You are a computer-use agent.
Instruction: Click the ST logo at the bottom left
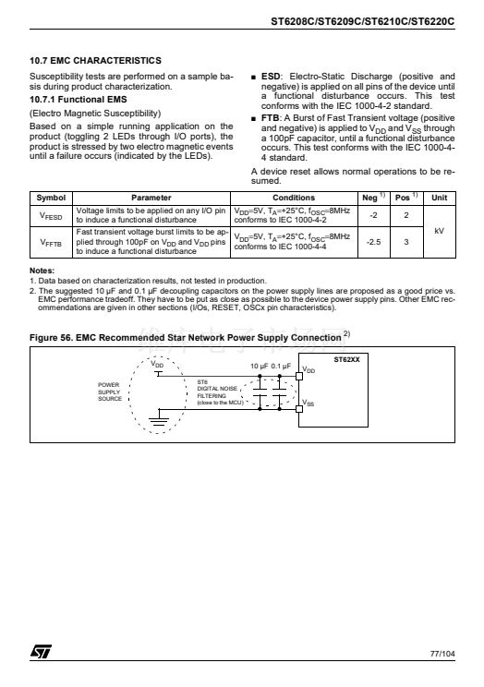(41, 651)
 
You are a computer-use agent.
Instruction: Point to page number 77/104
(442, 654)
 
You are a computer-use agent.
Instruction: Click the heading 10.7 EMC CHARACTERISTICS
(95, 60)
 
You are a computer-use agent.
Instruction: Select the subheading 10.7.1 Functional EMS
(78, 100)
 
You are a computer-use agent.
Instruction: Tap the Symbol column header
(51, 198)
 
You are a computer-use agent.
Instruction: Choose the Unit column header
(440, 198)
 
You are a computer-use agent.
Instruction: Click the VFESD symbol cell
(51, 216)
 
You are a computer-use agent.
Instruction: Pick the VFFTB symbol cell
(51, 242)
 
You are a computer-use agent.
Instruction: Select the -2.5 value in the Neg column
(373, 242)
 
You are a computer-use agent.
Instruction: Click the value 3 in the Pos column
(406, 242)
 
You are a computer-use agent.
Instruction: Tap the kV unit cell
(440, 231)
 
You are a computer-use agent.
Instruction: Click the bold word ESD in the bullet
(271, 77)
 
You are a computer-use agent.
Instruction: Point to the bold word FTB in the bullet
(270, 118)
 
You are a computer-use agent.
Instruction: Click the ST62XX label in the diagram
(346, 359)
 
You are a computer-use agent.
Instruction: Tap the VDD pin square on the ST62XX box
(299, 376)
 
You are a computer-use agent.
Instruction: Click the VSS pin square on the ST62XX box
(299, 409)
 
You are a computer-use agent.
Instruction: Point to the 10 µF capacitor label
(259, 366)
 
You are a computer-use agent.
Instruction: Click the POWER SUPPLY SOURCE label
(110, 392)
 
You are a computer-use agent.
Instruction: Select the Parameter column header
(151, 198)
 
